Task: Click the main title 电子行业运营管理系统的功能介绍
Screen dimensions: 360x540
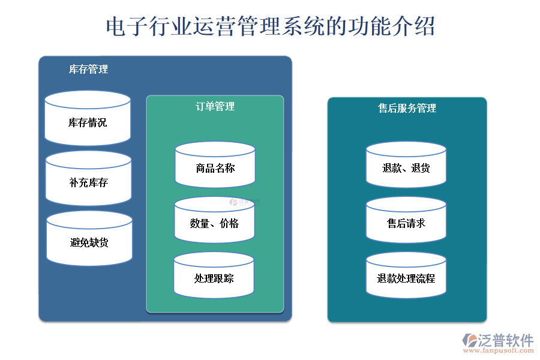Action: coord(270,26)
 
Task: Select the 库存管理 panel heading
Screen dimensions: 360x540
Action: coord(89,70)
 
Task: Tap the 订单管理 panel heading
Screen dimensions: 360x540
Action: coord(215,107)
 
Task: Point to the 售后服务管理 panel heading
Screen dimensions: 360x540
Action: coord(407,109)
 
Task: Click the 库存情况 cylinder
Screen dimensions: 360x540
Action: coord(88,123)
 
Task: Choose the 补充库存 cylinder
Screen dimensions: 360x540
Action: coord(88,182)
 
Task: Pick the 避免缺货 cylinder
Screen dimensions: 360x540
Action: coord(89,243)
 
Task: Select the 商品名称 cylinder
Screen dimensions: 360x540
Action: coord(215,168)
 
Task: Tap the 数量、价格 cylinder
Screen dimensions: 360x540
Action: coord(214,224)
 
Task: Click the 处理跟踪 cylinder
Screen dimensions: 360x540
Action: coord(214,278)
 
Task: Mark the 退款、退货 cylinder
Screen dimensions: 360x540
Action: coord(406,169)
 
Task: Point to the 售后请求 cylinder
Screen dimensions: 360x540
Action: coord(406,223)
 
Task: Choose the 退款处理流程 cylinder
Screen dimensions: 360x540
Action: coord(406,278)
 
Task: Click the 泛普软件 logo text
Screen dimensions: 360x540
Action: coord(505,341)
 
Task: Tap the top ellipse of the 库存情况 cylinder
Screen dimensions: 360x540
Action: coord(88,100)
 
